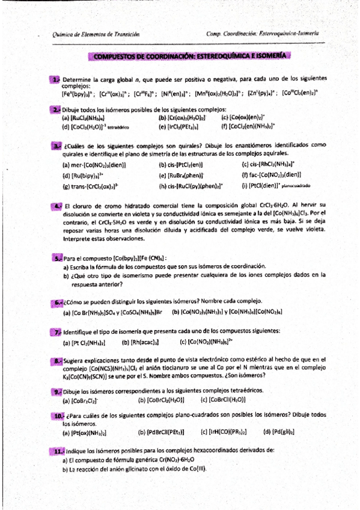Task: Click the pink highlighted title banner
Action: [191, 57]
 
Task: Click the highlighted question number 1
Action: [55, 79]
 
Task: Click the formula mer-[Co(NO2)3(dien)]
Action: [94, 164]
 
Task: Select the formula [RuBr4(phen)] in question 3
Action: [183, 175]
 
